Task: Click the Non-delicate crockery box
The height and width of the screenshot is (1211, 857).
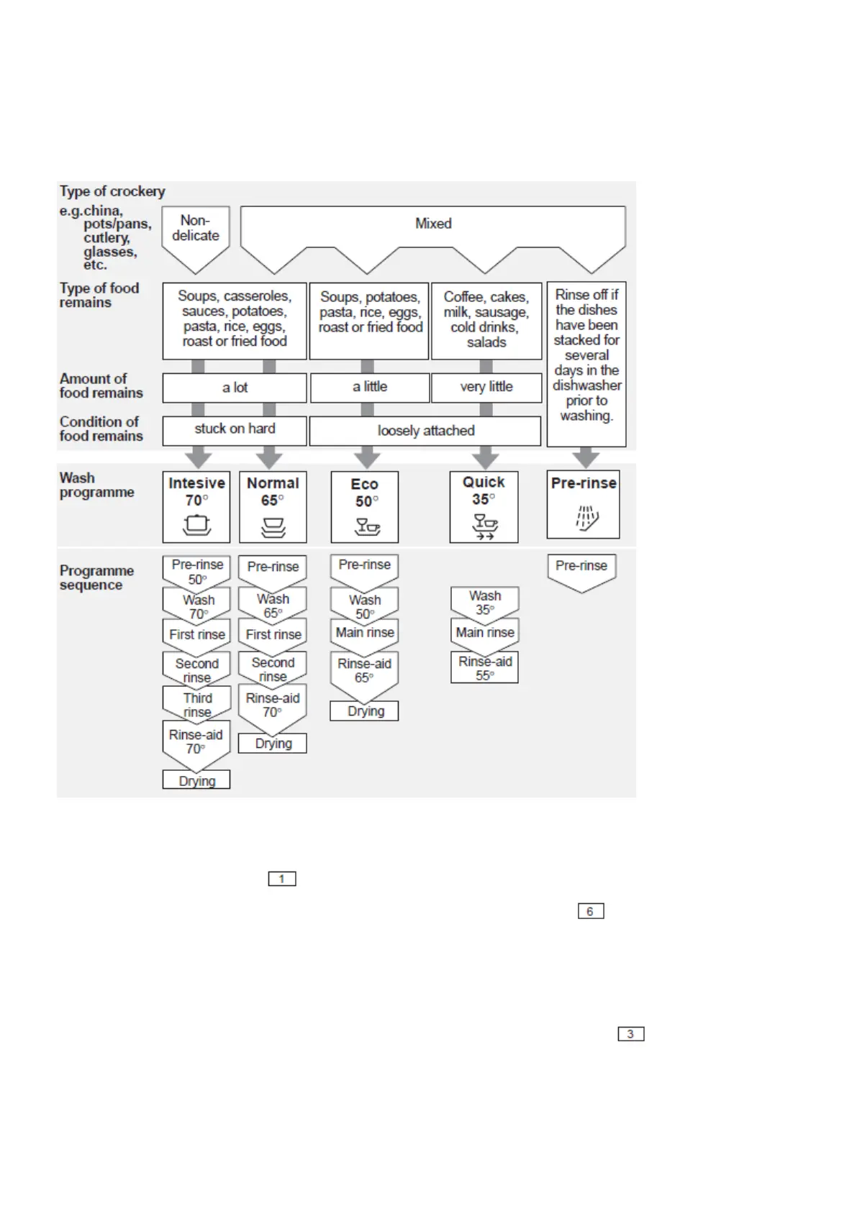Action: pos(195,229)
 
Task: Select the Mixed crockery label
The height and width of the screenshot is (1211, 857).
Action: pos(433,224)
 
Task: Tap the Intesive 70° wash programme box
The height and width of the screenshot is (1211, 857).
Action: pos(196,506)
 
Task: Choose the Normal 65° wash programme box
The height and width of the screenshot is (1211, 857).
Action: pos(273,506)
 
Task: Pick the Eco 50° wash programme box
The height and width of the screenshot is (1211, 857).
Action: pos(365,507)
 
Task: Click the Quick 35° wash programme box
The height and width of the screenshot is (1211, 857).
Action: pos(484,506)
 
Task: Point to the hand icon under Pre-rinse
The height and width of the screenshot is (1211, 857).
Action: pos(586,518)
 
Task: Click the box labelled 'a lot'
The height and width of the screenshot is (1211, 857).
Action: pos(235,388)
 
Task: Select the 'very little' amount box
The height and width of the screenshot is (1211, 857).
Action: pos(486,387)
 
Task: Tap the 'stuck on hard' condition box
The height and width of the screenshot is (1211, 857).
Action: pos(235,429)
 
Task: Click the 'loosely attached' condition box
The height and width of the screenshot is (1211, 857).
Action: pos(425,431)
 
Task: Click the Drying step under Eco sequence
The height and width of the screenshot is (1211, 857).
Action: pos(365,711)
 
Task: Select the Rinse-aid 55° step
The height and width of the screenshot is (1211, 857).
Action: pos(484,668)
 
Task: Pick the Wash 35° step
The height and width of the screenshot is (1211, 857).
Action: pos(485,603)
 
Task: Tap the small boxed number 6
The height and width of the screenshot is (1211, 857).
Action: pos(591,911)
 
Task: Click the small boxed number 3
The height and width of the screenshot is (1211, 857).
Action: pos(631,1034)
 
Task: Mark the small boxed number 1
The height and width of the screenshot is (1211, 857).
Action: pos(282,879)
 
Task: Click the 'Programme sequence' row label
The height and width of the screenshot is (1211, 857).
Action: pos(96,577)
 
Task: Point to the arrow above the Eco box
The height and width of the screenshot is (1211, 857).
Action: pos(367,457)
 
